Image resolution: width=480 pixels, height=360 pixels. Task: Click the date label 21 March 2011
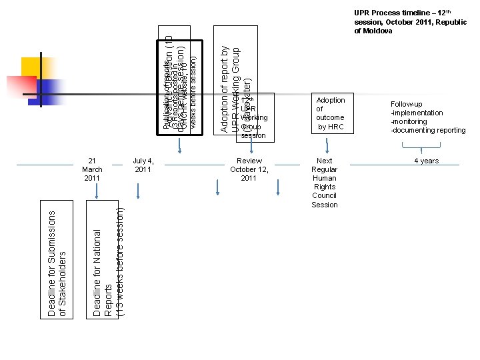(x=93, y=169)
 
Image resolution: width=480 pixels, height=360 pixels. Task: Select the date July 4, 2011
(x=143, y=165)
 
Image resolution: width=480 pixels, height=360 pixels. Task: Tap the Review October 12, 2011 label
(x=249, y=169)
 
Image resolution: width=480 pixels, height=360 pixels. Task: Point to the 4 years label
(x=426, y=161)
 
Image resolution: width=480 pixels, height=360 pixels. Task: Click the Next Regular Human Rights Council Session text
(x=325, y=183)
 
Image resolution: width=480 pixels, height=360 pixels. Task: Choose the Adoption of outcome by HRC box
(x=330, y=113)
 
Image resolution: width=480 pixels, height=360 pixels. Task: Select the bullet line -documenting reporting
(x=428, y=130)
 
